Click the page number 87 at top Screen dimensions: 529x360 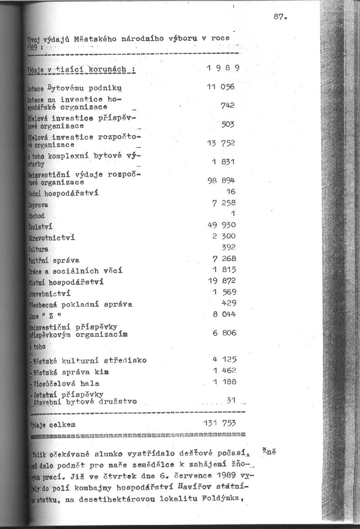pyautogui.click(x=279, y=17)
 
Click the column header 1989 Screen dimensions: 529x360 pyautogui.click(x=223, y=69)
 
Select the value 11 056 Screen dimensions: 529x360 pyautogui.click(x=221, y=87)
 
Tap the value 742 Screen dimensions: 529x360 pyautogui.click(x=227, y=105)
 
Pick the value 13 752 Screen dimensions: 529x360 pyautogui.click(x=221, y=143)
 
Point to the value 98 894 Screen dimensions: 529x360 pyautogui.click(x=221, y=180)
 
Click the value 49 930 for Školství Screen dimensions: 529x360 pyautogui.click(x=222, y=225)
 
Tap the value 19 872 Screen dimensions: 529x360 pyautogui.click(x=222, y=281)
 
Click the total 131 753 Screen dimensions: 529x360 pyautogui.click(x=219, y=423)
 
